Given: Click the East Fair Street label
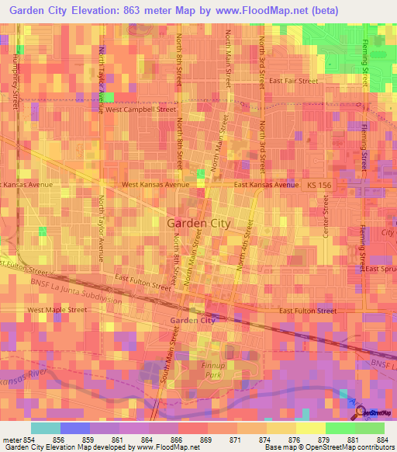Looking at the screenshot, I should pyautogui.click(x=293, y=81).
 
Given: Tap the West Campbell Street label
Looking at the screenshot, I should pyautogui.click(x=140, y=110).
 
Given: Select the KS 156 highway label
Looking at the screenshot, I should pyautogui.click(x=318, y=186).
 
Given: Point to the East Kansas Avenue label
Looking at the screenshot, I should pyautogui.click(x=267, y=186).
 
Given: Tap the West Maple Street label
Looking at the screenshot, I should pyautogui.click(x=57, y=310).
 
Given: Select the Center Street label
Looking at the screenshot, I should pyautogui.click(x=326, y=216).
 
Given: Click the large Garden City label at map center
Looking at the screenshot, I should pyautogui.click(x=198, y=223).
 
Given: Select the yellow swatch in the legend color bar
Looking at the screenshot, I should pyautogui.click(x=310, y=428).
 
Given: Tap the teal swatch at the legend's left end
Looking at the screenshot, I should pyautogui.click(x=46, y=428).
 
